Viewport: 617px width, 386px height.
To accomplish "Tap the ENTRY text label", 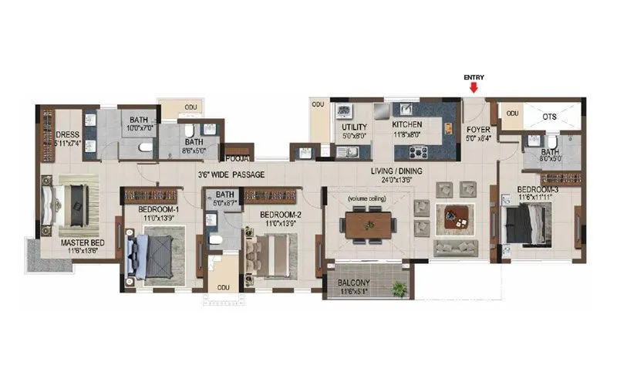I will pos(473,77).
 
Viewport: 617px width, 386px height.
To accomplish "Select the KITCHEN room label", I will pos(406,124).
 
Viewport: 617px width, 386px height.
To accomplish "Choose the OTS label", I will pos(549,117).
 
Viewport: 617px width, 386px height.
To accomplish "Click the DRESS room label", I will pos(68,134).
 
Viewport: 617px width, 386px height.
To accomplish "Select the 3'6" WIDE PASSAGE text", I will pos(231,175).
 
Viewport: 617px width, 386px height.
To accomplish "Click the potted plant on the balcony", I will pos(397,289).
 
